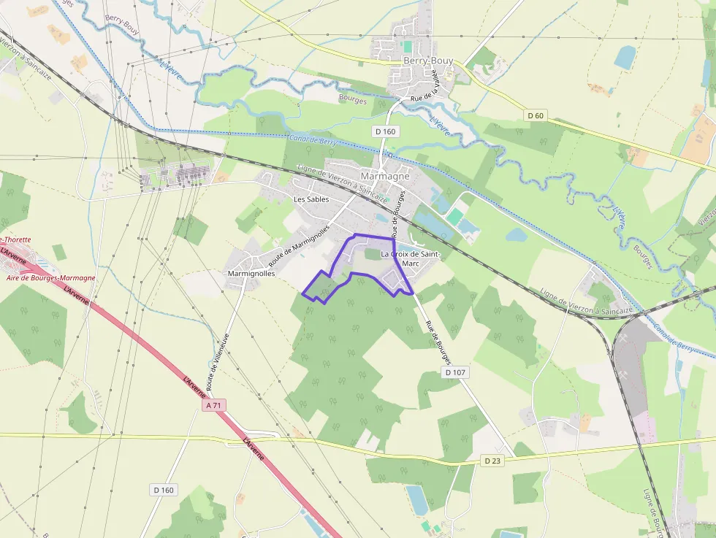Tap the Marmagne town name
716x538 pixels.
point(385,176)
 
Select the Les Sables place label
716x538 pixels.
point(311,199)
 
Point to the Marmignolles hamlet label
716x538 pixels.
point(251,273)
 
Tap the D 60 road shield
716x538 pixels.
point(536,115)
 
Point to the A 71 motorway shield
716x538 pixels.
point(214,404)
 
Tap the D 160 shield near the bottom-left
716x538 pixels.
point(164,490)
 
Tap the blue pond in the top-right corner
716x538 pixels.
point(625,57)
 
